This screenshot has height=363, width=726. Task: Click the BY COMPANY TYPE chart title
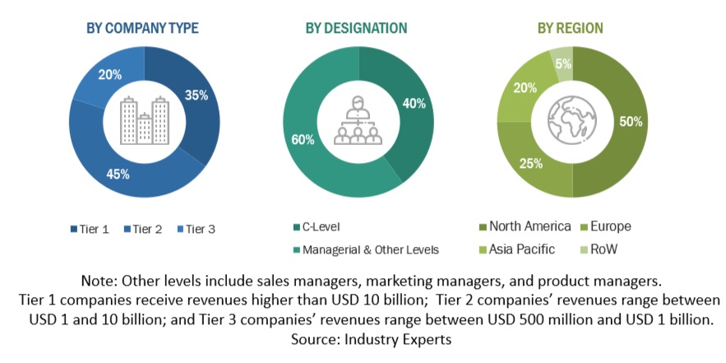point(142,28)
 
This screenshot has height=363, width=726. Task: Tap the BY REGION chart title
point(570,28)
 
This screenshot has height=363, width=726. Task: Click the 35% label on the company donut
point(196,95)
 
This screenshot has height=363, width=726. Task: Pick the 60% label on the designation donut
point(302,140)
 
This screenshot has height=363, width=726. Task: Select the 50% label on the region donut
point(630,123)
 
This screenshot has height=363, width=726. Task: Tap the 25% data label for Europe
point(530,164)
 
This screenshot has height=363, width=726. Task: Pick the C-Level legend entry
point(321,226)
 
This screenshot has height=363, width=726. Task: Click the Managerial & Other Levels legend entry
point(366,249)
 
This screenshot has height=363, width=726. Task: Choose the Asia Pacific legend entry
point(521,249)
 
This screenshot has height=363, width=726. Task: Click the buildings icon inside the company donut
point(144,120)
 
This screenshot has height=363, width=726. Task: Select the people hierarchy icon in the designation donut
point(358,120)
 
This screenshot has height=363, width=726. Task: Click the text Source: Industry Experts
point(363,338)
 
